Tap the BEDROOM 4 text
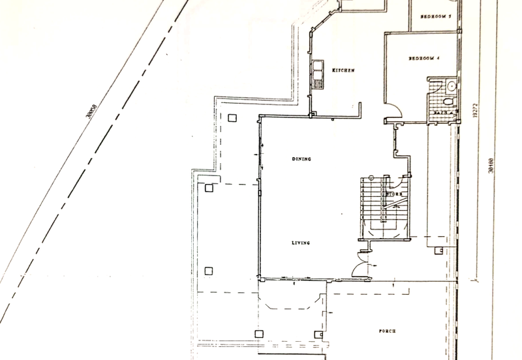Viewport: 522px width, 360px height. [x=425, y=59]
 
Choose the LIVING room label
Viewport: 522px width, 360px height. [x=300, y=243]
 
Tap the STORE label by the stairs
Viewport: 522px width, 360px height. [x=392, y=194]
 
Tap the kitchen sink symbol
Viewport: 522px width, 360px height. [x=318, y=75]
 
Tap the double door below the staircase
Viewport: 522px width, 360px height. [x=360, y=265]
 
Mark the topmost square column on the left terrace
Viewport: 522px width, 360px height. [x=233, y=118]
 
